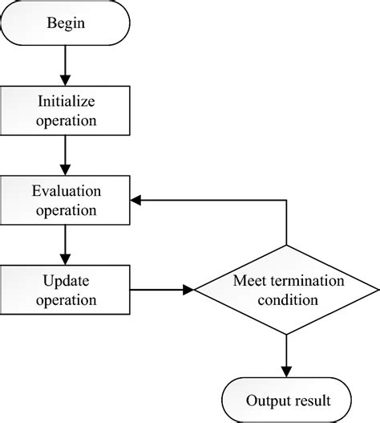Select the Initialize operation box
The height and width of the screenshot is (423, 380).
tap(67, 112)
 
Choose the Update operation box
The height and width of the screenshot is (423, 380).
tap(67, 290)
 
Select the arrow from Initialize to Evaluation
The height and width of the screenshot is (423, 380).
tap(67, 155)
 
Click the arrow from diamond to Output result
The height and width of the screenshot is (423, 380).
tap(286, 353)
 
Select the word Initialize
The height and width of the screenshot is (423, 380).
tap(67, 102)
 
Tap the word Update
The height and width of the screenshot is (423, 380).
tap(67, 280)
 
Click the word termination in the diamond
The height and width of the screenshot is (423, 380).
tap(302, 281)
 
